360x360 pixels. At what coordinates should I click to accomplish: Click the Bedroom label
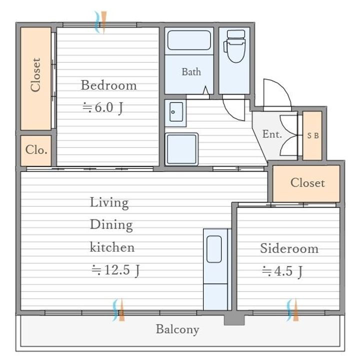(x=109, y=85)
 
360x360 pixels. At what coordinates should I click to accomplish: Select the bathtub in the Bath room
(x=189, y=40)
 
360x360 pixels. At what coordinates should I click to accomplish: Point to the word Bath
(x=191, y=72)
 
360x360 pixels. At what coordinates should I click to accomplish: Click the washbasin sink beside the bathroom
(x=176, y=112)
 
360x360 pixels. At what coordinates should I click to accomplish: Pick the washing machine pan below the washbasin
(x=181, y=149)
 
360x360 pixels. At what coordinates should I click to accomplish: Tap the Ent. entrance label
(x=272, y=134)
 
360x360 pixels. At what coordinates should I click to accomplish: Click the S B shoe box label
(x=313, y=135)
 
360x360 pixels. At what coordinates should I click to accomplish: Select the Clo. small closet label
(x=36, y=149)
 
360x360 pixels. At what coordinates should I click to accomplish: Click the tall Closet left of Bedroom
(x=35, y=78)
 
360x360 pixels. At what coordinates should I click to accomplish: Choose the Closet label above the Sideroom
(x=307, y=183)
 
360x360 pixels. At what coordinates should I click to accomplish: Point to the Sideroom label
(x=289, y=248)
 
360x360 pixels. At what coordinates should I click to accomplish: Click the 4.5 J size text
(x=282, y=271)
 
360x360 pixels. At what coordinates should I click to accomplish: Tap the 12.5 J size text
(x=115, y=270)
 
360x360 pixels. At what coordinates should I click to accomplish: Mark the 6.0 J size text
(x=102, y=107)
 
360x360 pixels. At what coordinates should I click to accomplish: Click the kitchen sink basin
(x=214, y=249)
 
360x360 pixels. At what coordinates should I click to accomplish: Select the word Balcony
(x=177, y=329)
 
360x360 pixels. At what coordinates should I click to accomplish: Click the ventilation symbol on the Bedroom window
(x=101, y=22)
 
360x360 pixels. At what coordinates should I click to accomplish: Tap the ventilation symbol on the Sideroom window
(x=292, y=310)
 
